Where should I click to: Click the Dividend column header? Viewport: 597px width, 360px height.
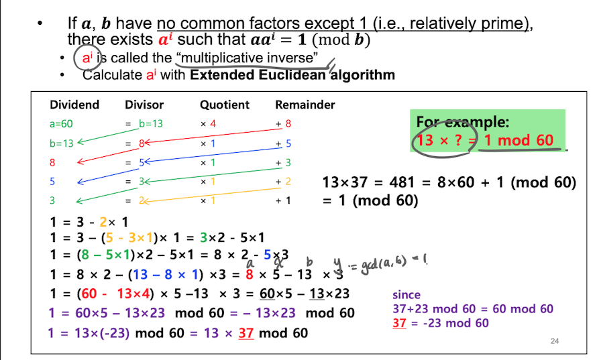tap(74, 105)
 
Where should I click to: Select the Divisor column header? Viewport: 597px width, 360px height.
tap(144, 105)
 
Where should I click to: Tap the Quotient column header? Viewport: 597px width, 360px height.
tap(224, 105)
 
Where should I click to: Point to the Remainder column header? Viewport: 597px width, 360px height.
tap(305, 105)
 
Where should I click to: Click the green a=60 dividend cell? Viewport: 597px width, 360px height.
tap(62, 124)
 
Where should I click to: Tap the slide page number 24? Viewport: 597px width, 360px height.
tap(554, 342)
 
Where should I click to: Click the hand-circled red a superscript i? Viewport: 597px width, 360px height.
tap(87, 58)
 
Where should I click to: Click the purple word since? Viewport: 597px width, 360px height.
tap(406, 295)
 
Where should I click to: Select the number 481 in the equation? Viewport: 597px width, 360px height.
tap(398, 182)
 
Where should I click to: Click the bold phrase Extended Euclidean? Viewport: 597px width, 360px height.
tap(256, 74)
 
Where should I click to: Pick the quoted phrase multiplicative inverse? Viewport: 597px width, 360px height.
tap(243, 58)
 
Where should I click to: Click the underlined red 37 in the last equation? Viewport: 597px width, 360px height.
tap(246, 333)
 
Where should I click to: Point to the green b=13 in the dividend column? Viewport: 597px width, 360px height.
tap(61, 143)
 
